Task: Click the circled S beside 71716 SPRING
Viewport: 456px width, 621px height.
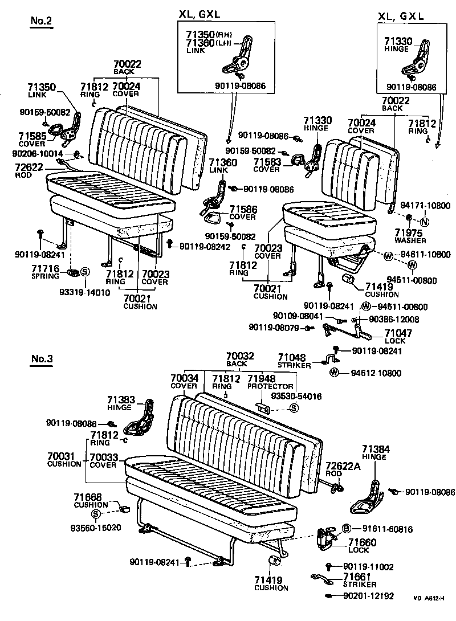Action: pos(83,272)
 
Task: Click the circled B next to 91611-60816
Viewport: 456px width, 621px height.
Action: pos(346,529)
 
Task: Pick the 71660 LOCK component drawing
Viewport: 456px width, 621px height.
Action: pos(326,538)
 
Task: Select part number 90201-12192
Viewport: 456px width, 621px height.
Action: pos(369,596)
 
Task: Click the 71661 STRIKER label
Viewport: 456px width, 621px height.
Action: pos(359,581)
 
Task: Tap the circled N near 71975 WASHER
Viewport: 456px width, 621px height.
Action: pos(425,222)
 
